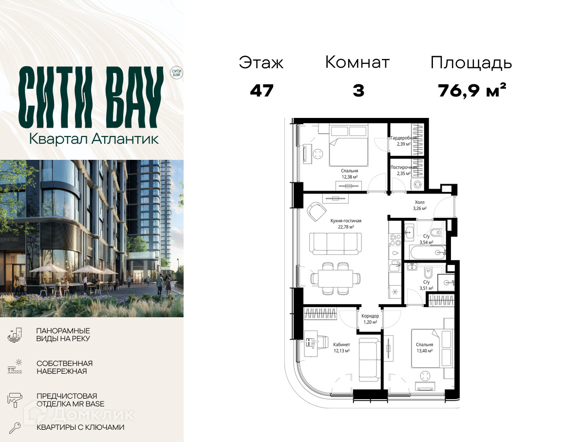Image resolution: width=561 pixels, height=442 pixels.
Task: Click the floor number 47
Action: (262, 91)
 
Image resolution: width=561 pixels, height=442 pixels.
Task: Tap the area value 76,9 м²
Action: (472, 91)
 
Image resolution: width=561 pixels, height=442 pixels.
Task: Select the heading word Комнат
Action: (357, 62)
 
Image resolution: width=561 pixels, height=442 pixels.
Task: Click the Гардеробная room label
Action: (404, 138)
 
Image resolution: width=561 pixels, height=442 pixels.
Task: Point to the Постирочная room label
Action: (404, 167)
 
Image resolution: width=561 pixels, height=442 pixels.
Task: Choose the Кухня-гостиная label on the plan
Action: (346, 221)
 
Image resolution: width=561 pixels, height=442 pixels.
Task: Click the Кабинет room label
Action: (342, 345)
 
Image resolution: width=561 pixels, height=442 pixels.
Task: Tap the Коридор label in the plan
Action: (370, 316)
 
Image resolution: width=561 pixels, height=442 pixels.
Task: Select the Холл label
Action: (420, 202)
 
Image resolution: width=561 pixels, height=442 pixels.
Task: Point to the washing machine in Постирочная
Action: (417, 185)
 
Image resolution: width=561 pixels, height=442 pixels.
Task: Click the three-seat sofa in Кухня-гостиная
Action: (336, 243)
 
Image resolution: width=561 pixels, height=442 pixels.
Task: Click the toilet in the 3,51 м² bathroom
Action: (428, 273)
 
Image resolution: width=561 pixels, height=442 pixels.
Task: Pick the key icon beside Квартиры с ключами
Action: (15, 428)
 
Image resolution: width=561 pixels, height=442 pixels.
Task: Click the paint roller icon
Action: (15, 400)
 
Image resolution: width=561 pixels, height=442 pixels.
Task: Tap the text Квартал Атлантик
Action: (93, 139)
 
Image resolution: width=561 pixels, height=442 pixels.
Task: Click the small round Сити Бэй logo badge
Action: (176, 73)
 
